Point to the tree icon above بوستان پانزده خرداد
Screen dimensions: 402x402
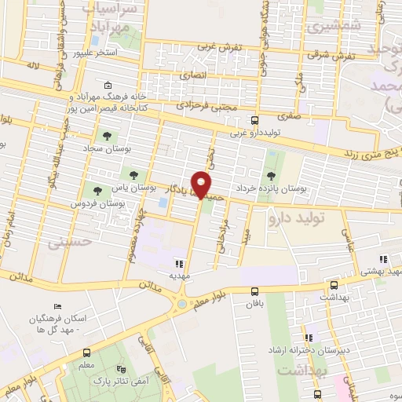click(x=271, y=175)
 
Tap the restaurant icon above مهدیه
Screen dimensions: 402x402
click(x=179, y=265)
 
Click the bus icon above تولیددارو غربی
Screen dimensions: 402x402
click(x=254, y=120)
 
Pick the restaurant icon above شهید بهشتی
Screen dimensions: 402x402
click(x=383, y=260)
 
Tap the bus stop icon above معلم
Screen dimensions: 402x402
click(x=86, y=353)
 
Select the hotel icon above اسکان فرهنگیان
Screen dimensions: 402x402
click(x=56, y=307)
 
